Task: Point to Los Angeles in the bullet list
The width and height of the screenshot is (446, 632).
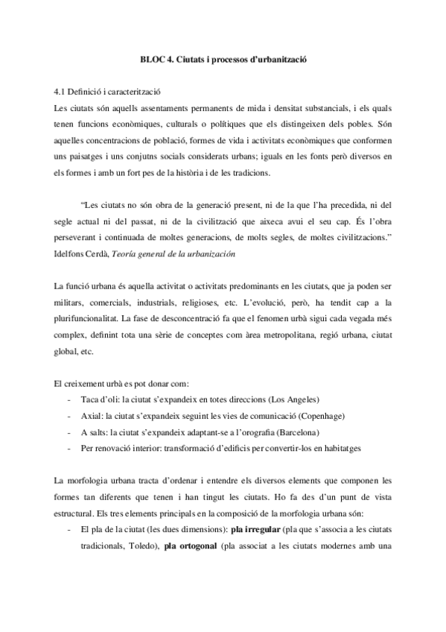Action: click(x=293, y=399)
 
